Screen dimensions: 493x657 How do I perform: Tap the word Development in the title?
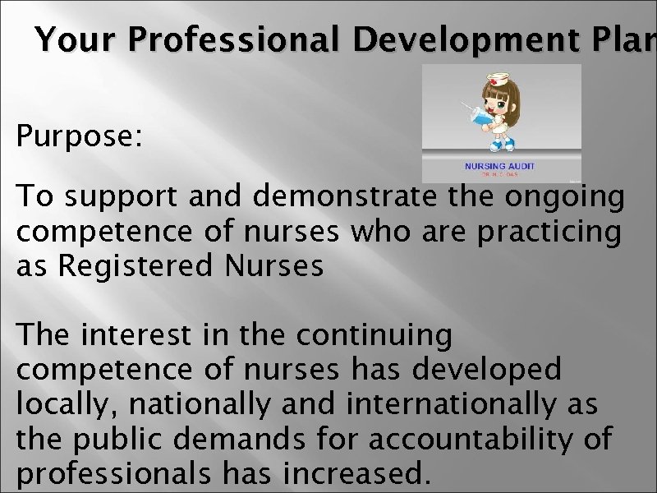click(x=451, y=39)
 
